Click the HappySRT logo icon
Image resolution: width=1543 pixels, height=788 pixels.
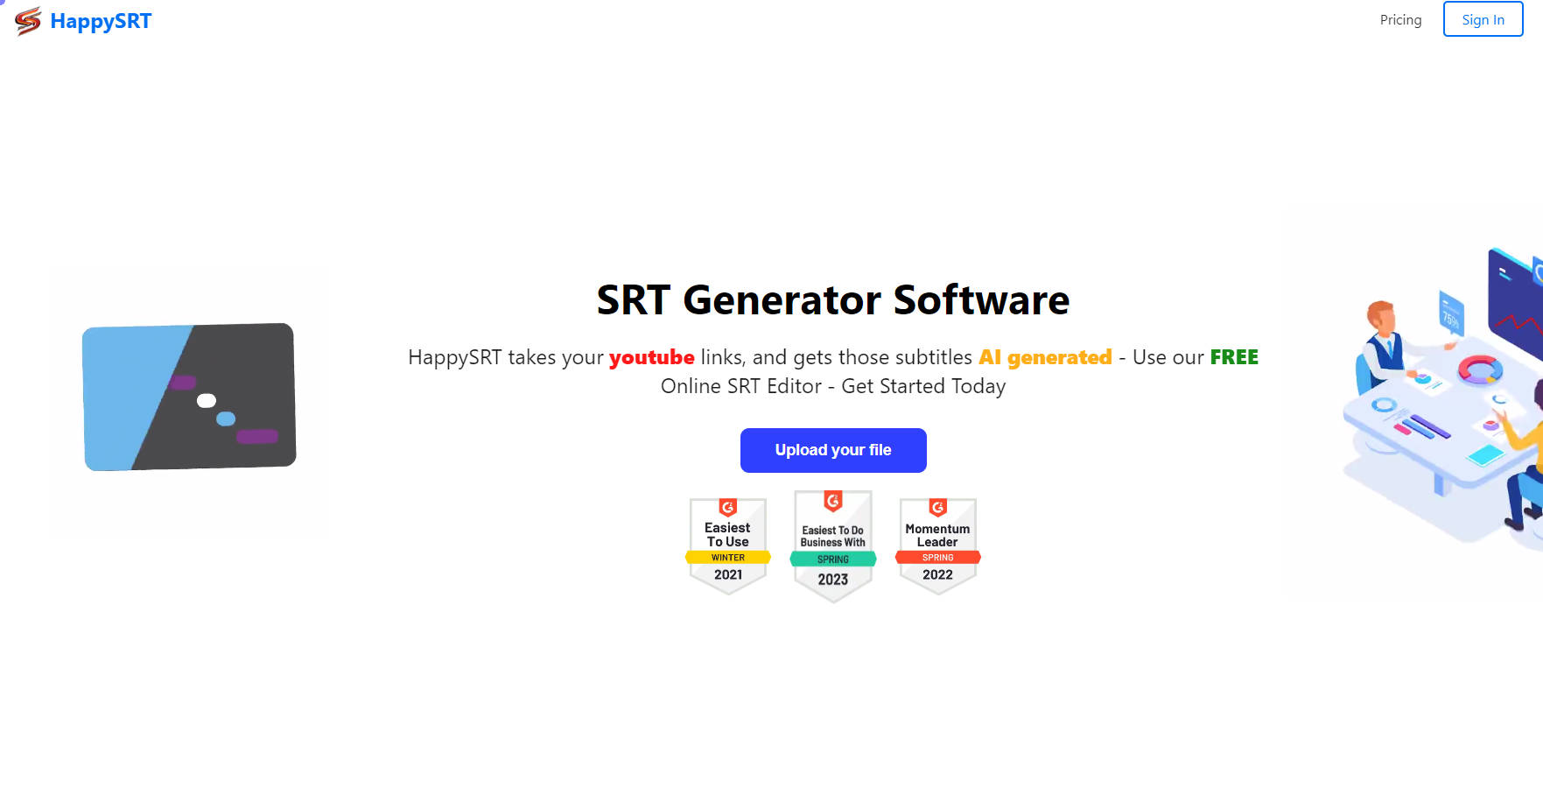[28, 21]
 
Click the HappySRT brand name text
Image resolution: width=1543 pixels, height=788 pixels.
[101, 21]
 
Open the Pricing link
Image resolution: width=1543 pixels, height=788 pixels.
[1400, 19]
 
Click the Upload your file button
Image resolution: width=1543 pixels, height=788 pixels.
[833, 450]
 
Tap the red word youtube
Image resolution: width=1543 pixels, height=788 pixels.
[651, 357]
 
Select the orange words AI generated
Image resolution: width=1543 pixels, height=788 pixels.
[1045, 357]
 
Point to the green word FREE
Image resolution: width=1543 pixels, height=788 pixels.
[1234, 357]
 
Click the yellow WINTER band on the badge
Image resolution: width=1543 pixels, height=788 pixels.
[728, 558]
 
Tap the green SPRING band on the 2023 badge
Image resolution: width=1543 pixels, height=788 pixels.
[833, 559]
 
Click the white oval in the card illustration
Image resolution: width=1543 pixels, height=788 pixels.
[207, 401]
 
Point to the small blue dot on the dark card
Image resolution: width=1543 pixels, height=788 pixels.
[226, 419]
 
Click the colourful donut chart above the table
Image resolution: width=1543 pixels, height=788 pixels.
[1479, 369]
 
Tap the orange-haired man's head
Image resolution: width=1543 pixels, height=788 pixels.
[1382, 317]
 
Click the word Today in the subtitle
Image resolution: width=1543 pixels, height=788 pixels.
[978, 386]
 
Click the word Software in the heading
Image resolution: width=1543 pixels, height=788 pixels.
[981, 299]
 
